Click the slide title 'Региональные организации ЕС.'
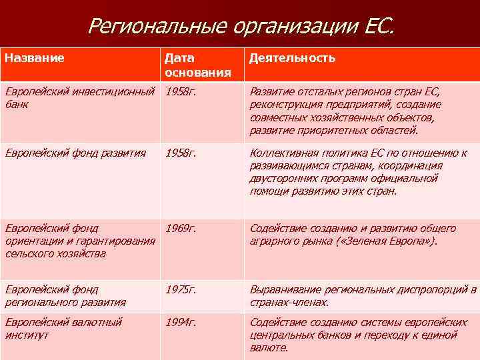pos(241,26)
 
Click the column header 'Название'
pos(35,58)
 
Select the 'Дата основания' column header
pos(197,65)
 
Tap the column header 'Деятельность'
pos(292,58)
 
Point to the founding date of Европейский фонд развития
pos(181,153)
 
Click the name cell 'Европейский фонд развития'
pos(75,153)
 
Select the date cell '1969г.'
pos(181,229)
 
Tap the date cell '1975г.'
pos(181,289)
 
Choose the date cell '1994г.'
pos(181,322)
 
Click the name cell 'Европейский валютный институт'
pos(63,328)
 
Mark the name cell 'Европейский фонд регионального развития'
pos(65,295)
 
